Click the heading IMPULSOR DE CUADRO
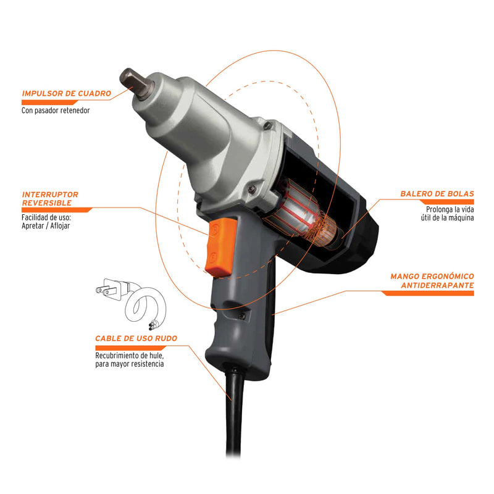[67, 94]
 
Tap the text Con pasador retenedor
[56, 111]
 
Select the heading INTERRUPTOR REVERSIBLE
[50, 199]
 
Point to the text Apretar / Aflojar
[46, 226]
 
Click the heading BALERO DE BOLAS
[437, 194]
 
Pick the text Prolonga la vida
[450, 209]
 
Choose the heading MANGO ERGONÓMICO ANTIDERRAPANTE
[432, 281]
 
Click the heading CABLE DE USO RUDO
[136, 338]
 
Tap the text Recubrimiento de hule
[130, 356]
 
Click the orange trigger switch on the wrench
[220, 248]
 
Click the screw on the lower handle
[241, 316]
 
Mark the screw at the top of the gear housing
[268, 125]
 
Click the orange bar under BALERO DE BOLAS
[446, 202]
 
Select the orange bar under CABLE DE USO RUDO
[130, 348]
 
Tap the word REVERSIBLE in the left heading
[47, 203]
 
